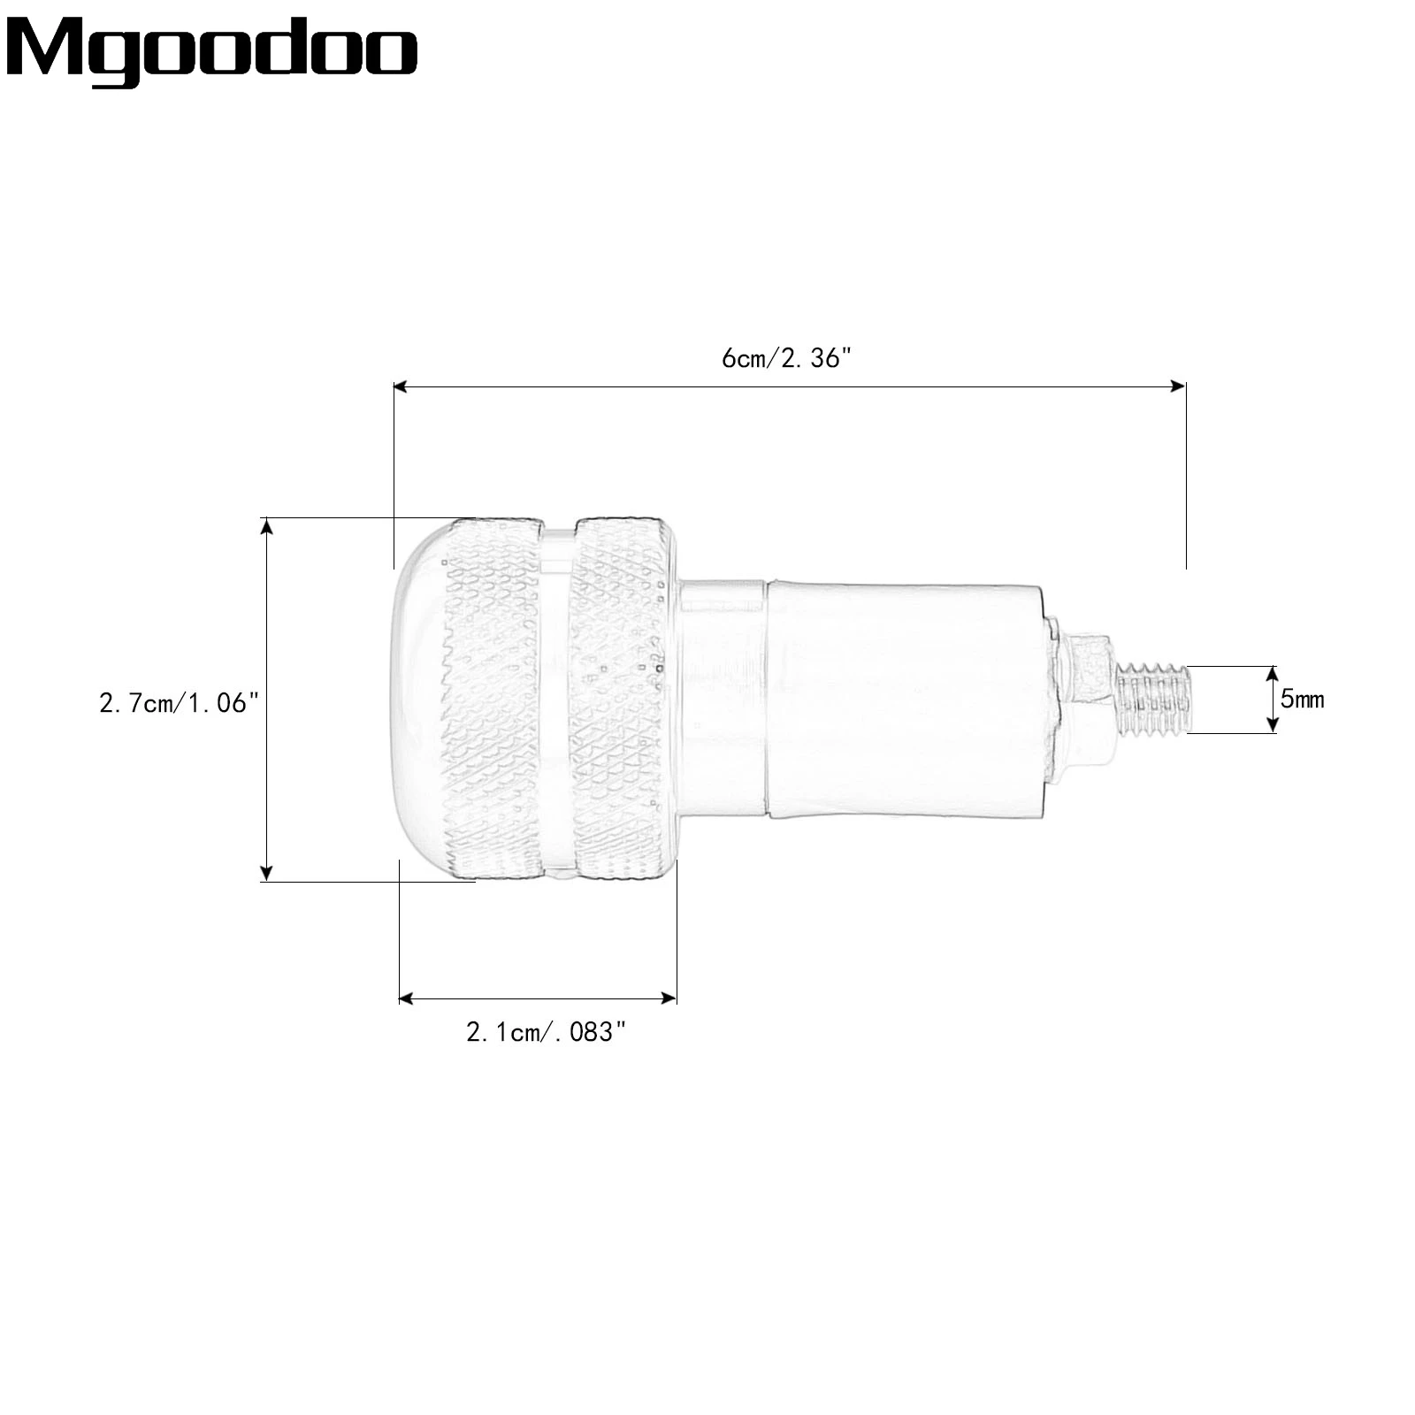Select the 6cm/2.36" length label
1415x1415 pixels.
[786, 358]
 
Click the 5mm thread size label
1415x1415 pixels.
[1303, 699]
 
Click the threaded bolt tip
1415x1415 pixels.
[1154, 699]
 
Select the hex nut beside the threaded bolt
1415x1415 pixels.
[1090, 699]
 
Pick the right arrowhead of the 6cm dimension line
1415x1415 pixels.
[1178, 386]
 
